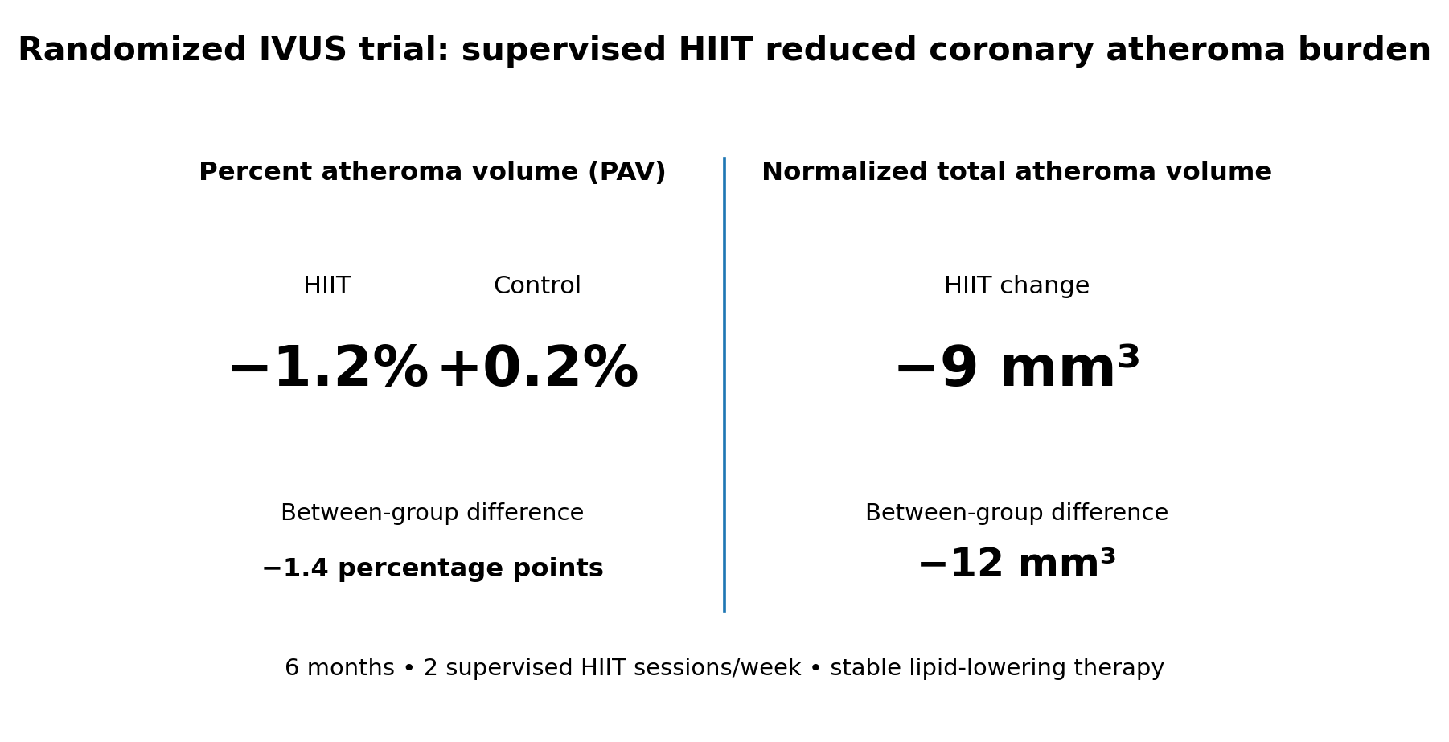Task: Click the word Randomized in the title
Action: coord(132,50)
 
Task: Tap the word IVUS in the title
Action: coord(302,50)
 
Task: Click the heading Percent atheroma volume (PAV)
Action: coord(433,172)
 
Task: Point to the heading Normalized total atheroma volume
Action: coord(1016,172)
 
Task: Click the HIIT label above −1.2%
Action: coord(327,286)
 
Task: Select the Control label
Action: coord(537,286)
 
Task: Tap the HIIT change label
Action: coord(1016,286)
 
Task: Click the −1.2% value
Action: coord(328,369)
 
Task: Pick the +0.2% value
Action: coord(537,369)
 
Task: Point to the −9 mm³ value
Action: coord(1016,368)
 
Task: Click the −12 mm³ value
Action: coord(1016,564)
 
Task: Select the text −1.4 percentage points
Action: coord(433,569)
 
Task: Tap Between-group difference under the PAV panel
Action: coord(433,513)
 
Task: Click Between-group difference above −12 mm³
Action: coord(1016,513)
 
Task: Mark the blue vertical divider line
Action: coord(724,384)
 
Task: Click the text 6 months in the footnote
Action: coord(339,668)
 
